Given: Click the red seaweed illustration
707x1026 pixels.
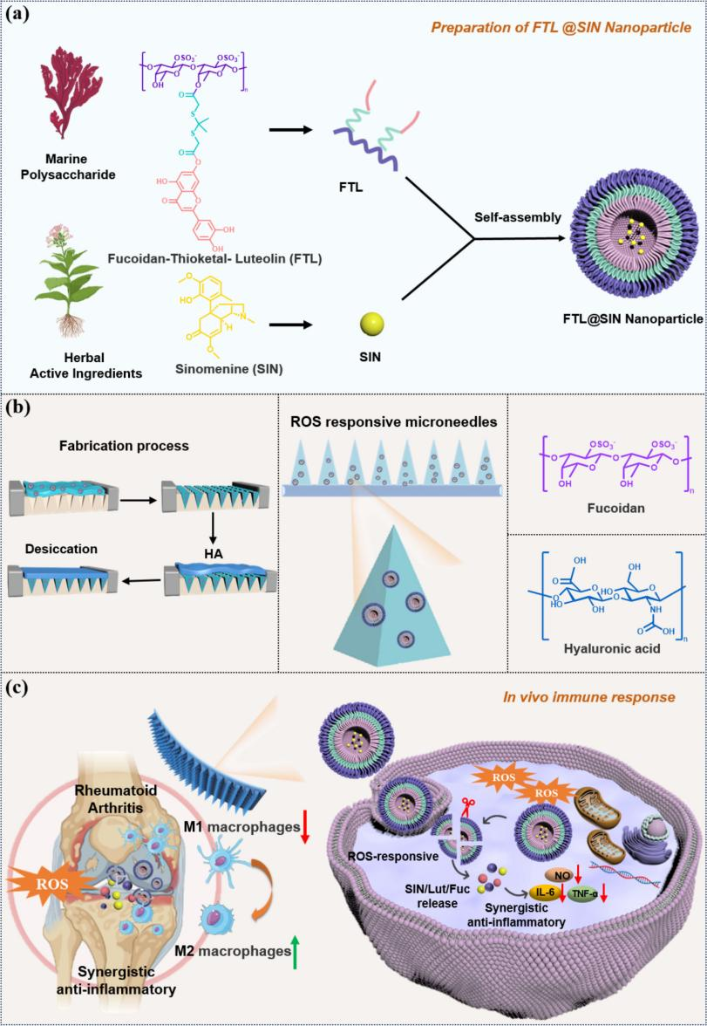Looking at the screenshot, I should tap(74, 105).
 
